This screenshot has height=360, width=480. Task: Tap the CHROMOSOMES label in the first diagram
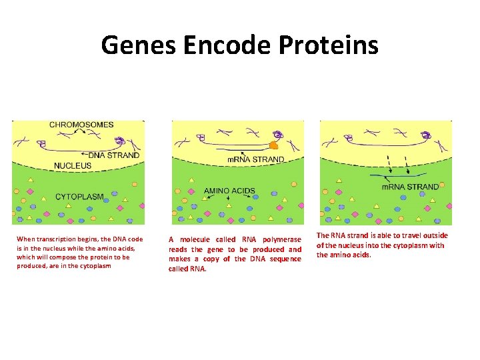[x=81, y=125]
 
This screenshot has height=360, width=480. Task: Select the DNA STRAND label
[x=114, y=155]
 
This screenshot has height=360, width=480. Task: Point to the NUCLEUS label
[x=73, y=165]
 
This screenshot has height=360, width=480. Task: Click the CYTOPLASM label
[x=79, y=197]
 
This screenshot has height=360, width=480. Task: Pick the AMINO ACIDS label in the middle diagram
[x=229, y=191]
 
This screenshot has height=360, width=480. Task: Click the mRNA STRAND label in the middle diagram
[x=256, y=160]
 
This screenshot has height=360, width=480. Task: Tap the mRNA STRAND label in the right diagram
[x=411, y=187]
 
